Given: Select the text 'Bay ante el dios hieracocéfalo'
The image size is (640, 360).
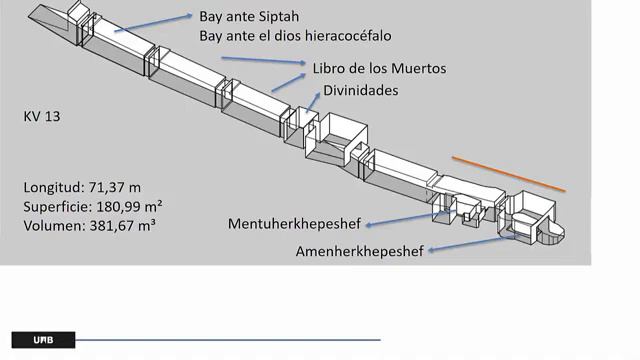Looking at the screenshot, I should pos(294,36).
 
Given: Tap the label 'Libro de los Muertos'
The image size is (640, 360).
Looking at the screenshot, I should pos(379,68).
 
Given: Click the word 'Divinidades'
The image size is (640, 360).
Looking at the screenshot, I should pos(360,90).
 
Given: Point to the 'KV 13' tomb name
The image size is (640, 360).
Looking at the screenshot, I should pos(43,116).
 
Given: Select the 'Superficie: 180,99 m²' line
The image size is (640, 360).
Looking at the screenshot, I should pos(93,206).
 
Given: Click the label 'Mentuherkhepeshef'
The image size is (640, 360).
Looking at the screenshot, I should pos(294,223).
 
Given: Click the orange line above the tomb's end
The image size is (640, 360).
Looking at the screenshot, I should pos(508,173).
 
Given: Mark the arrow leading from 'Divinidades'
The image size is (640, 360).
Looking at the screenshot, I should pos(314,107).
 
